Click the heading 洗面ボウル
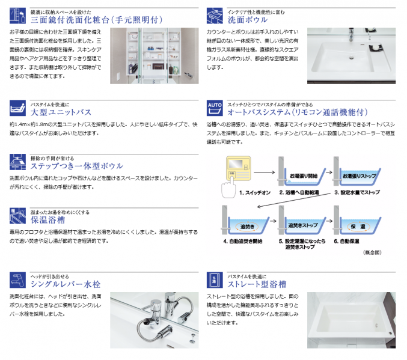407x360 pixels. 248,19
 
